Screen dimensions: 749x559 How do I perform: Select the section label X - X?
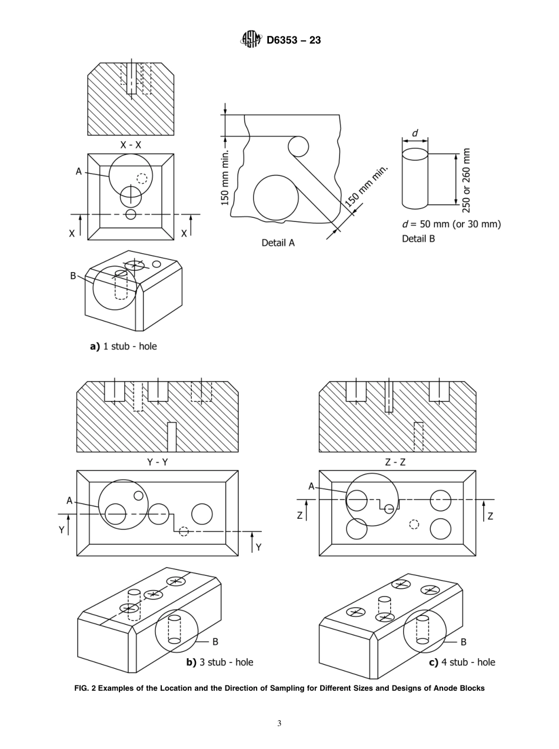pyautogui.click(x=131, y=144)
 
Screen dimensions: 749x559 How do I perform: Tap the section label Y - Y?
pyautogui.click(x=157, y=462)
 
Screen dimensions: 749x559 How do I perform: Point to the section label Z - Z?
pyautogui.click(x=395, y=462)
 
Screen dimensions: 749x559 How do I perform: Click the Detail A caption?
pyautogui.click(x=278, y=242)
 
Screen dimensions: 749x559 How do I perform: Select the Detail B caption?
pyautogui.click(x=418, y=238)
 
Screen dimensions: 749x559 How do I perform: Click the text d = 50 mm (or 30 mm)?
pyautogui.click(x=451, y=224)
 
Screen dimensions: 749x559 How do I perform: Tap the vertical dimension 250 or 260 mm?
pyautogui.click(x=467, y=180)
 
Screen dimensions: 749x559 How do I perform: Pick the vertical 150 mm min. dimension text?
pyautogui.click(x=225, y=177)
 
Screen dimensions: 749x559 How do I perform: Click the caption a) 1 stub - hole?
pyautogui.click(x=124, y=346)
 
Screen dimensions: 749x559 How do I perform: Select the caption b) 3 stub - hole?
pyautogui.click(x=219, y=662)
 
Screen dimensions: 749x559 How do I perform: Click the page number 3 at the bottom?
pyautogui.click(x=279, y=723)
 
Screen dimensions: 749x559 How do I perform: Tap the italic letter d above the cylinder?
pyautogui.click(x=415, y=134)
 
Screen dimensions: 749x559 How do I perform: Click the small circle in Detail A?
pyautogui.click(x=298, y=145)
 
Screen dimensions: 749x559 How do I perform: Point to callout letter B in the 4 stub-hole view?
pyautogui.click(x=463, y=642)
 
